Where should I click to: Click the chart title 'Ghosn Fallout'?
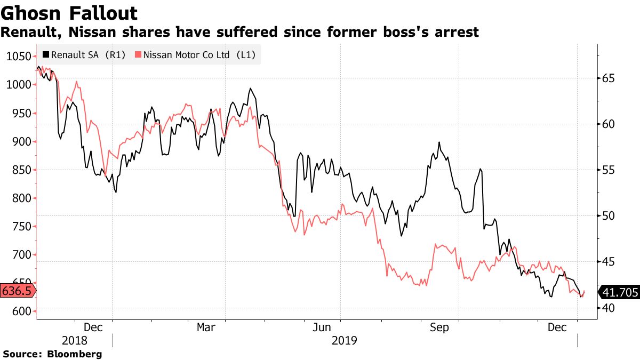pyautogui.click(x=69, y=13)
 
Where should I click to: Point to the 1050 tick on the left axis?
pyautogui.click(x=18, y=57)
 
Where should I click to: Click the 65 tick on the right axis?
pyautogui.click(x=609, y=78)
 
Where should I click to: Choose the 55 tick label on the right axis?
pyautogui.click(x=609, y=170)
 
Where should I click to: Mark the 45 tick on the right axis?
pyautogui.click(x=609, y=262)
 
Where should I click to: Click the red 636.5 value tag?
pyautogui.click(x=17, y=291)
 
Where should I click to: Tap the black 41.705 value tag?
pyautogui.click(x=619, y=292)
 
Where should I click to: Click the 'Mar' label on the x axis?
pyautogui.click(x=206, y=327)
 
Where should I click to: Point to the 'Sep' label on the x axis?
pyautogui.click(x=439, y=327)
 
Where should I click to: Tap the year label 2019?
pyautogui.click(x=345, y=340)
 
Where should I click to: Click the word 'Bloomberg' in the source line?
pyautogui.click(x=75, y=354)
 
